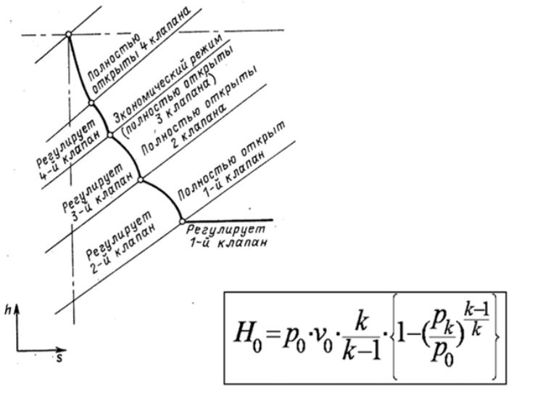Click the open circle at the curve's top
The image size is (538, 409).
[68, 34]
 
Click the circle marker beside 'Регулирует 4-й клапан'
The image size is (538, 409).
[91, 103]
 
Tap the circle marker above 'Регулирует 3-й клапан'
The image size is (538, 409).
[109, 134]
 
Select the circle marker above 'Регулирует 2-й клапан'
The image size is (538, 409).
[141, 179]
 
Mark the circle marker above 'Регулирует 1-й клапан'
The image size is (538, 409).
[182, 220]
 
